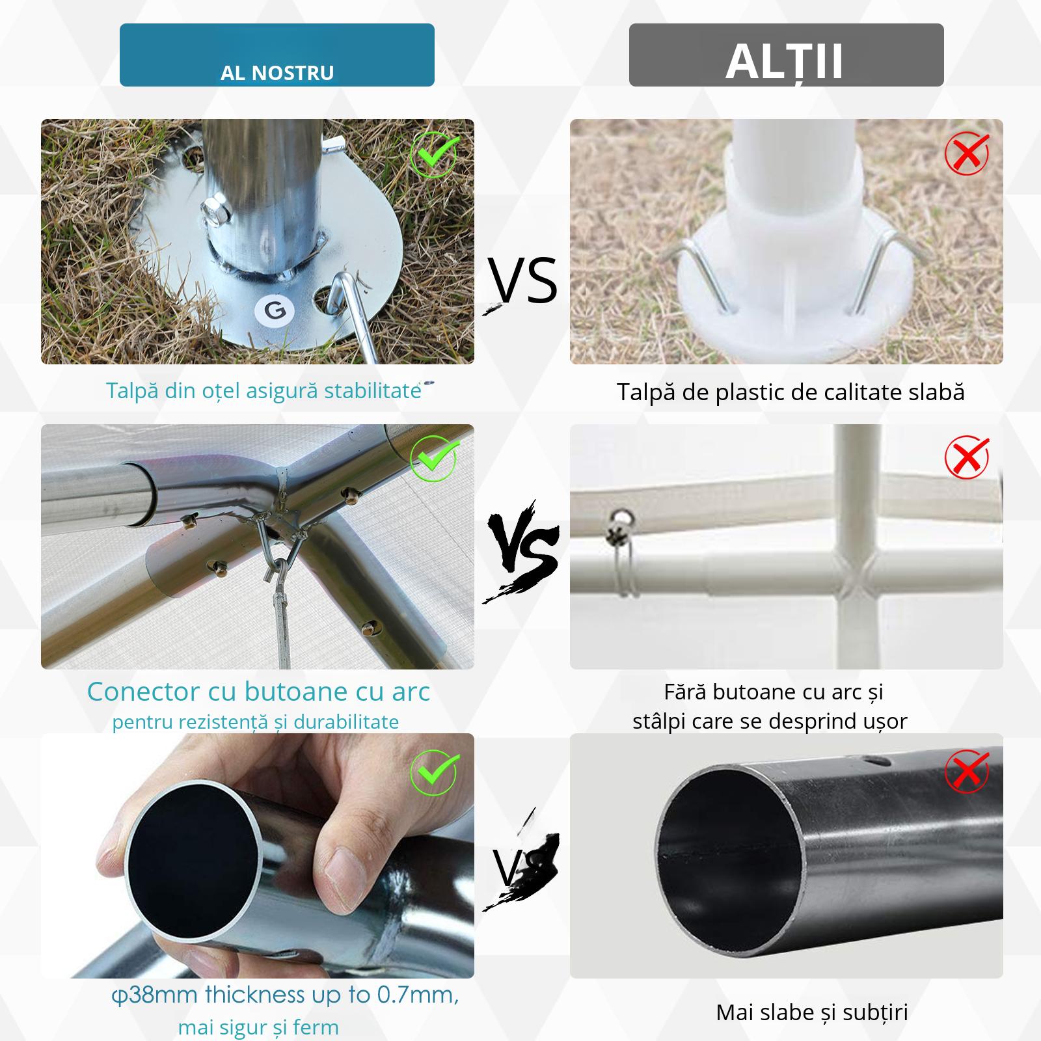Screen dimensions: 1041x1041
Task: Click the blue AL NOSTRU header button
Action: (277, 55)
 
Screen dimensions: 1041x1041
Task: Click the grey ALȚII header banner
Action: (786, 55)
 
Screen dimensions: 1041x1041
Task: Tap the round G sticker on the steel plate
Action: (275, 310)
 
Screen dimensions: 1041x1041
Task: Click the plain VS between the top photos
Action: (523, 281)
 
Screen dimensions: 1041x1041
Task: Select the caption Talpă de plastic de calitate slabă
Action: (790, 392)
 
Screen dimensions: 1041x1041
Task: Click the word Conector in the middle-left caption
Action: (143, 692)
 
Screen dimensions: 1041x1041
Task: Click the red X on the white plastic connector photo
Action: (967, 457)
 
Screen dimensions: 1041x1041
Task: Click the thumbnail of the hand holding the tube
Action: (257, 856)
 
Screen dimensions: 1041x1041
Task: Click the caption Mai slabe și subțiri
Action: (811, 1012)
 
